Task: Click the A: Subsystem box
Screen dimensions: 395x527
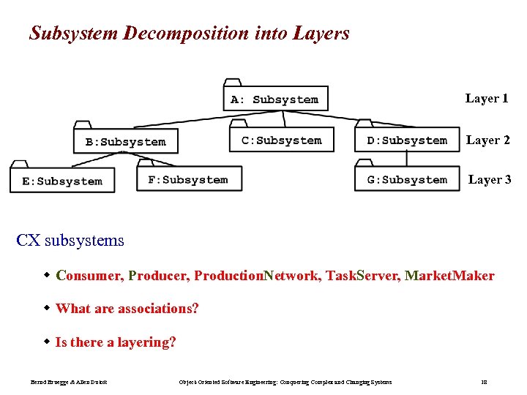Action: point(275,99)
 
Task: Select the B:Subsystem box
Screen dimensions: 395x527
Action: point(125,141)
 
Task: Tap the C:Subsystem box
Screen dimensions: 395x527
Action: point(282,140)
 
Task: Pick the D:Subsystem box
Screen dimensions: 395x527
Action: point(407,140)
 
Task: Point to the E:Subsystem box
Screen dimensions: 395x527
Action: point(62,181)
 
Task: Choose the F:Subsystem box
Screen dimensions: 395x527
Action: point(188,179)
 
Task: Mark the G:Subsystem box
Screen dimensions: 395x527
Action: point(407,179)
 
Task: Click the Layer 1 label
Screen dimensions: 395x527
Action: point(487,99)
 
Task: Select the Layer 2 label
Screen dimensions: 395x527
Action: point(488,140)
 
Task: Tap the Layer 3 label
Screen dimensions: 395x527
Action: point(490,179)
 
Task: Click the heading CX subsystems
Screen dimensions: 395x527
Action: point(70,241)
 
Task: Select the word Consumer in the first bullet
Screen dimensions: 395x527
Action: point(89,276)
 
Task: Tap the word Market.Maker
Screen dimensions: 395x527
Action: point(449,276)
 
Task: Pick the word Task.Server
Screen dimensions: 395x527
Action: point(362,276)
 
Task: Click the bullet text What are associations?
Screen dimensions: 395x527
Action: point(127,309)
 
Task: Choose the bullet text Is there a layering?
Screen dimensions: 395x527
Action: point(116,342)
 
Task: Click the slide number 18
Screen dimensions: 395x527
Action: point(484,382)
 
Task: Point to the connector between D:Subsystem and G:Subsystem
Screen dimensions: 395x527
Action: point(407,160)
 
